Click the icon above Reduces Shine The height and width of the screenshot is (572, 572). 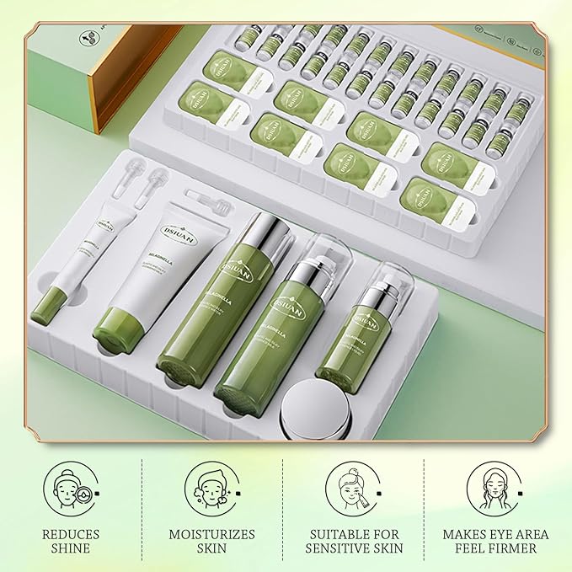pos(70,489)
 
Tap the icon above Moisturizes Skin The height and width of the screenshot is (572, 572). pos(211,489)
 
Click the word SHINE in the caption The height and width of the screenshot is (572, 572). pos(71,548)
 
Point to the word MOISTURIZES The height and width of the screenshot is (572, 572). pos(211,534)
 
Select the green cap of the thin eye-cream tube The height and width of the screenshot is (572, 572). pos(47,306)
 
